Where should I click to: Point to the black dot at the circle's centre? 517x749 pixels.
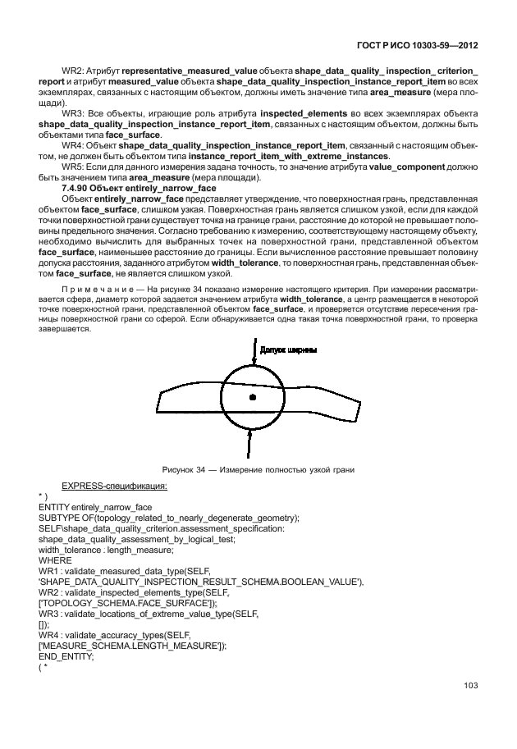253,397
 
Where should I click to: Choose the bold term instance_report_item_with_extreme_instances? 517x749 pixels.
287,156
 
